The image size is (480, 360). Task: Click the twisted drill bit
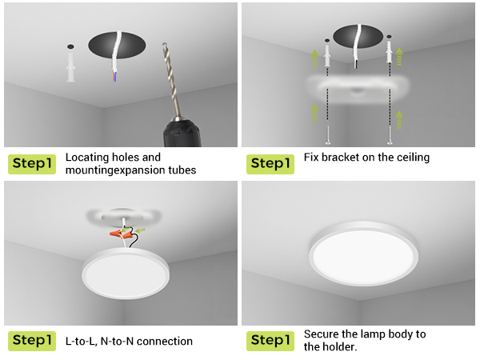(171, 80)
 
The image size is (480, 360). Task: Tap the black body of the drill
(182, 134)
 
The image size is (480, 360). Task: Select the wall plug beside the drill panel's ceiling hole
(70, 67)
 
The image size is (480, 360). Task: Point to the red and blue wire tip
(114, 77)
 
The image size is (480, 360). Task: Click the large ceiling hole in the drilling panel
(117, 46)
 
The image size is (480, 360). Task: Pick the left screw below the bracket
(328, 134)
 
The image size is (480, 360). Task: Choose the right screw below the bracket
(390, 134)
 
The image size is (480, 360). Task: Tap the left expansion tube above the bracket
(327, 56)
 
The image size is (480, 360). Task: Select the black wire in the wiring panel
(133, 238)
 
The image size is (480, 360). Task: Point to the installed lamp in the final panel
(363, 254)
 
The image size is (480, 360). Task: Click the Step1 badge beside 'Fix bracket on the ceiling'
(270, 164)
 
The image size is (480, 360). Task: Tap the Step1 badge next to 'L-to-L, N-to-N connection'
(32, 341)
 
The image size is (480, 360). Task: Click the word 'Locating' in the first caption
(87, 158)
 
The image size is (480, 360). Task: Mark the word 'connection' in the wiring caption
(165, 341)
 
